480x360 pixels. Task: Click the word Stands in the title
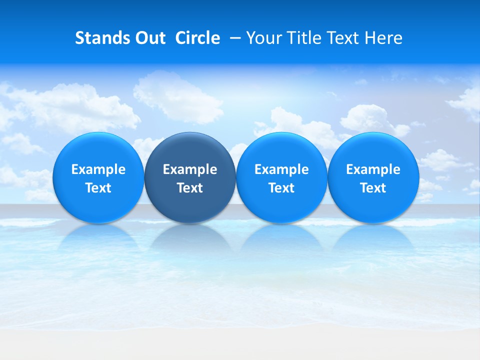(100, 38)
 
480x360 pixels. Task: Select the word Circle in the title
(197, 38)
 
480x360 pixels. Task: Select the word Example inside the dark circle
(190, 169)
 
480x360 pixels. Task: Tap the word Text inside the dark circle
(190, 188)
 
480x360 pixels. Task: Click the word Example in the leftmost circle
(98, 169)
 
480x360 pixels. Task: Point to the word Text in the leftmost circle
(98, 188)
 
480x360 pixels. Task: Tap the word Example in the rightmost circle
(373, 169)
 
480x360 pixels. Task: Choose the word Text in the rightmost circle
(373, 188)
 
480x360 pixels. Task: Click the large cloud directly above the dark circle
(177, 97)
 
